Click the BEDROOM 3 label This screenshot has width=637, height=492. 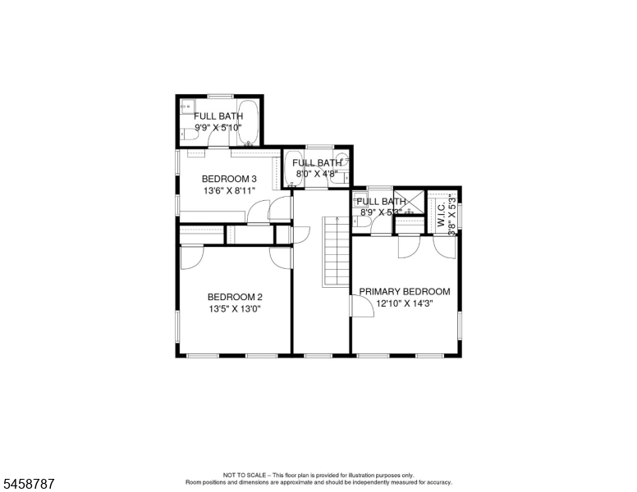[229, 179]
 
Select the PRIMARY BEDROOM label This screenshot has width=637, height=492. [405, 291]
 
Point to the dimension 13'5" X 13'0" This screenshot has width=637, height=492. [235, 309]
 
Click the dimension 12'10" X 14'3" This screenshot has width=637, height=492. [405, 303]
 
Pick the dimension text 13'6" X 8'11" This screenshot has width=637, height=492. [229, 190]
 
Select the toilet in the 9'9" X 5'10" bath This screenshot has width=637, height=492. [189, 134]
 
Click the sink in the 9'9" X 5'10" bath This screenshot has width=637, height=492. [187, 107]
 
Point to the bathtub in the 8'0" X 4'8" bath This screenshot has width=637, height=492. [293, 169]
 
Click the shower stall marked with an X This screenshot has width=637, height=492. [409, 202]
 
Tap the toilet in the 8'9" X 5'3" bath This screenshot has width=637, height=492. [361, 222]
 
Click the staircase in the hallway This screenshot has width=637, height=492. [337, 252]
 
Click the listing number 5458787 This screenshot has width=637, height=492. [29, 484]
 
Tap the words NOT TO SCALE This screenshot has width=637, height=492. [244, 475]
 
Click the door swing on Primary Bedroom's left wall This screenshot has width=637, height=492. [361, 306]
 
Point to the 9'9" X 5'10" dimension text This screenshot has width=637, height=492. [218, 127]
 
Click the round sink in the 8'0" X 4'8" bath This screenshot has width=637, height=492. [342, 158]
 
